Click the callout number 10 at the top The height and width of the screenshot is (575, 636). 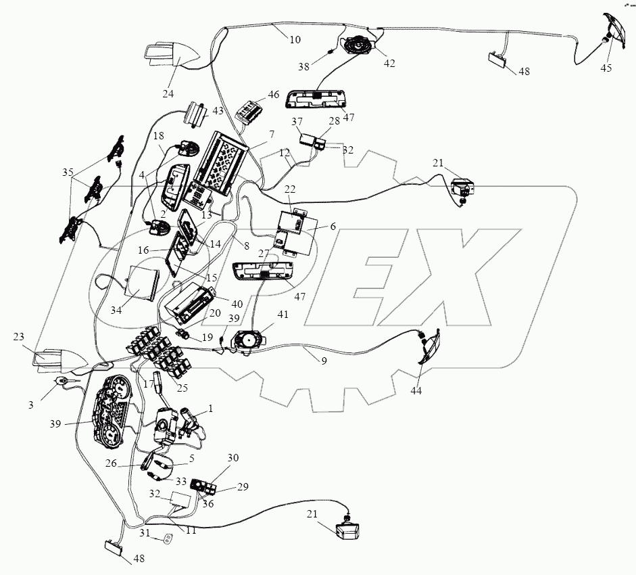(295, 39)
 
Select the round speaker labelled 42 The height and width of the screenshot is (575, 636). (358, 46)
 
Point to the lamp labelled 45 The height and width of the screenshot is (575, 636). (612, 30)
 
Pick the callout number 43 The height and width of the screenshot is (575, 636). (218, 111)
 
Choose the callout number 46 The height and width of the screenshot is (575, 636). (273, 95)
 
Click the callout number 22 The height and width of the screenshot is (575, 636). (291, 189)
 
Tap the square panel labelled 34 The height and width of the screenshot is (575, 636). (143, 283)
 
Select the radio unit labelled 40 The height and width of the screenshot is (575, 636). (193, 302)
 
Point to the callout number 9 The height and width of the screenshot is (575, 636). (324, 361)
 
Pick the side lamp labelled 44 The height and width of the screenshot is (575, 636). (427, 348)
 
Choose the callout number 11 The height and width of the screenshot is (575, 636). (191, 530)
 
